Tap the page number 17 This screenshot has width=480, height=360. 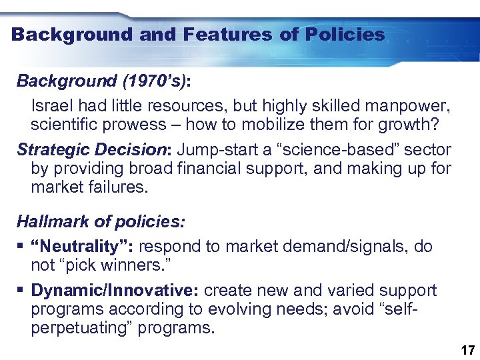(467, 350)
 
